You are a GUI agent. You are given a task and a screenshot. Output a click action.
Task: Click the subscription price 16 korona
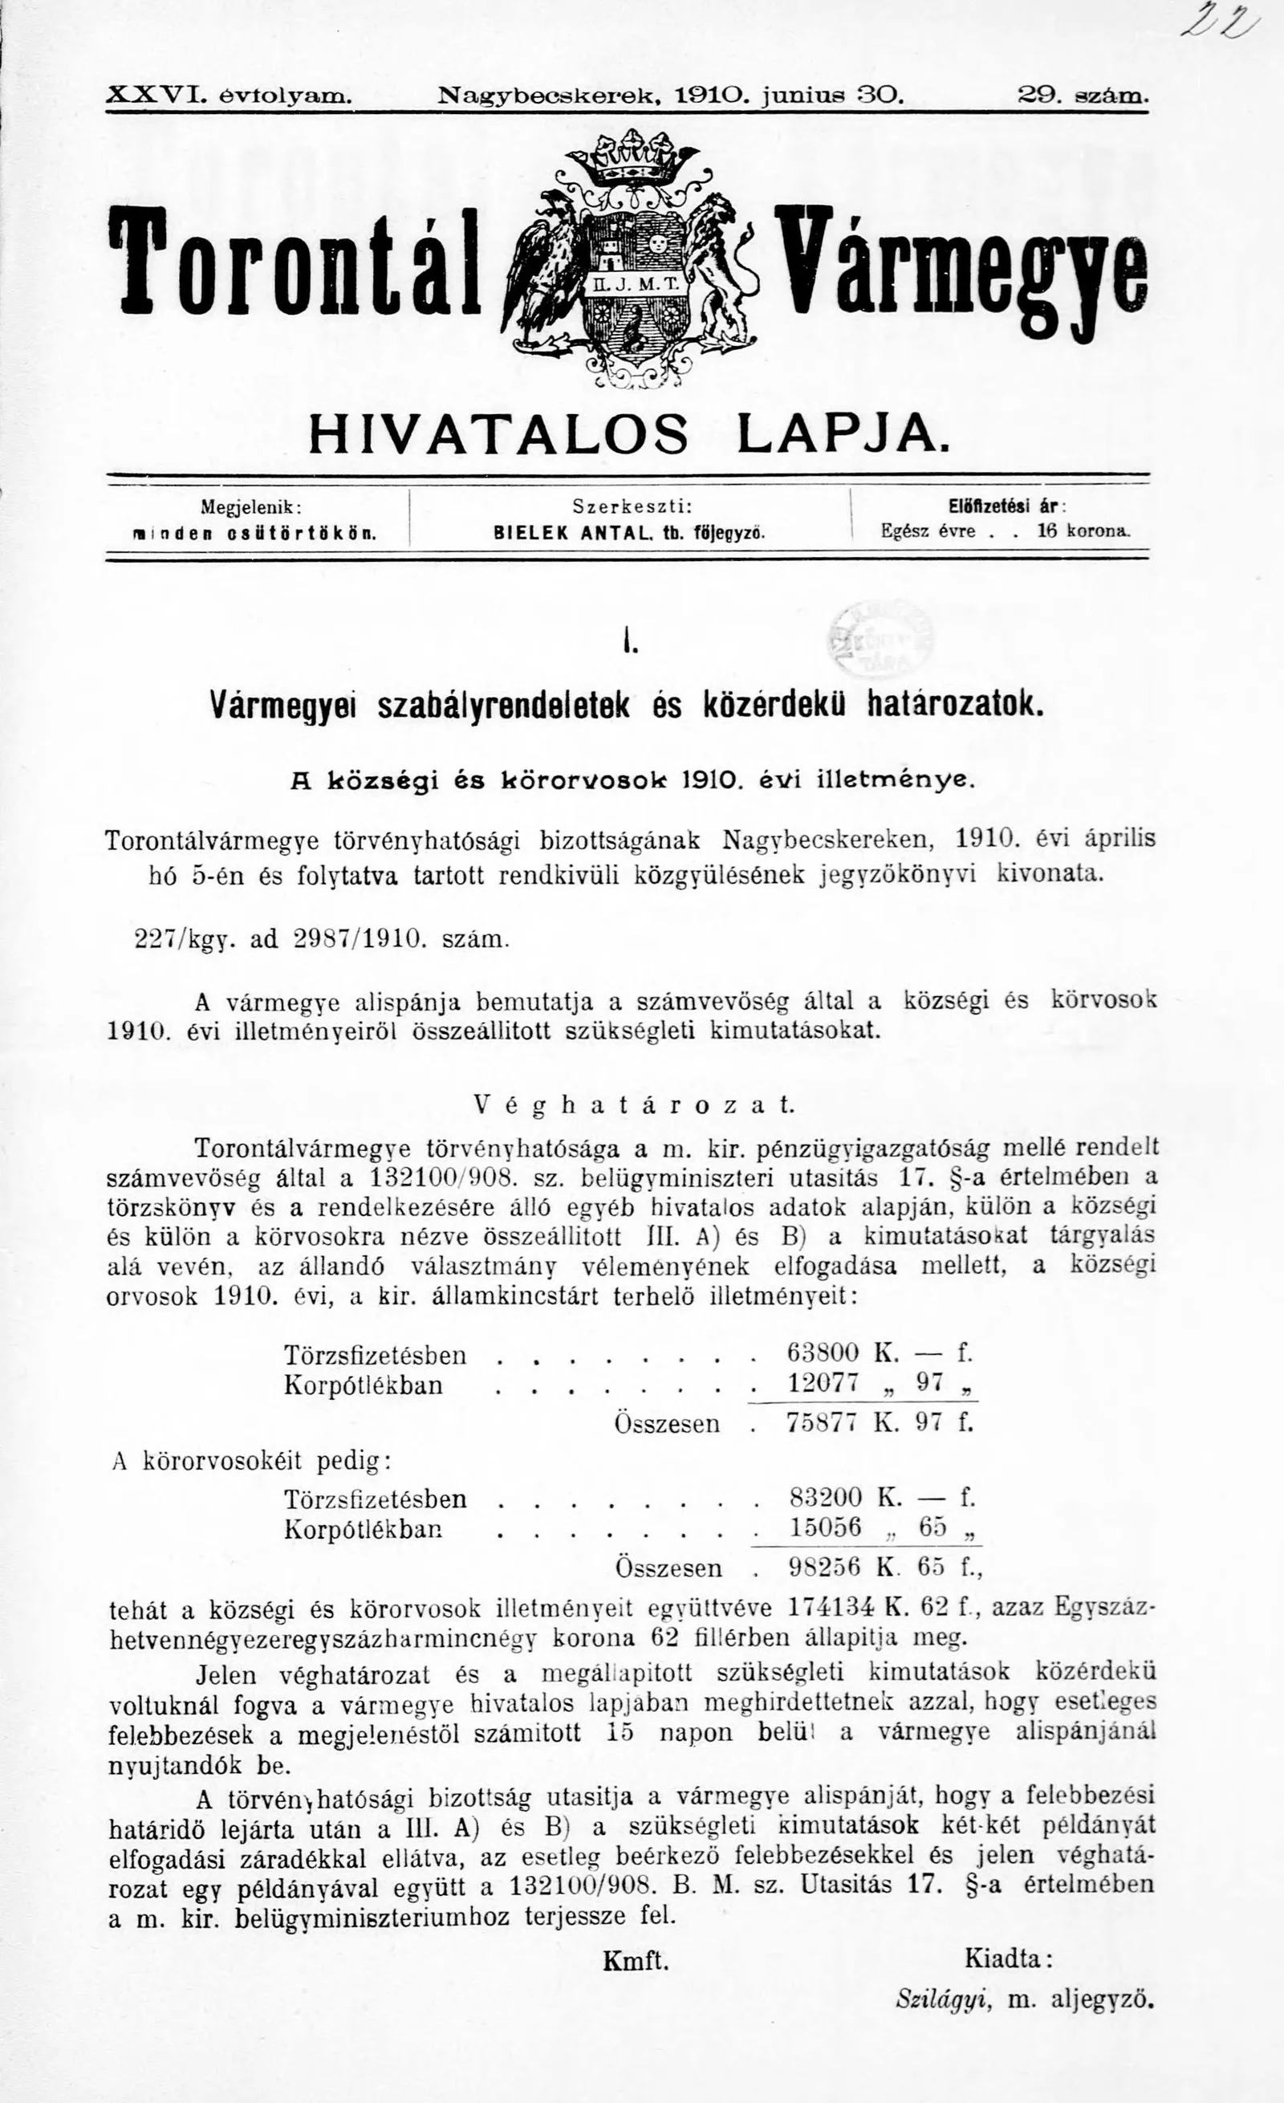[x=1082, y=531]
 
